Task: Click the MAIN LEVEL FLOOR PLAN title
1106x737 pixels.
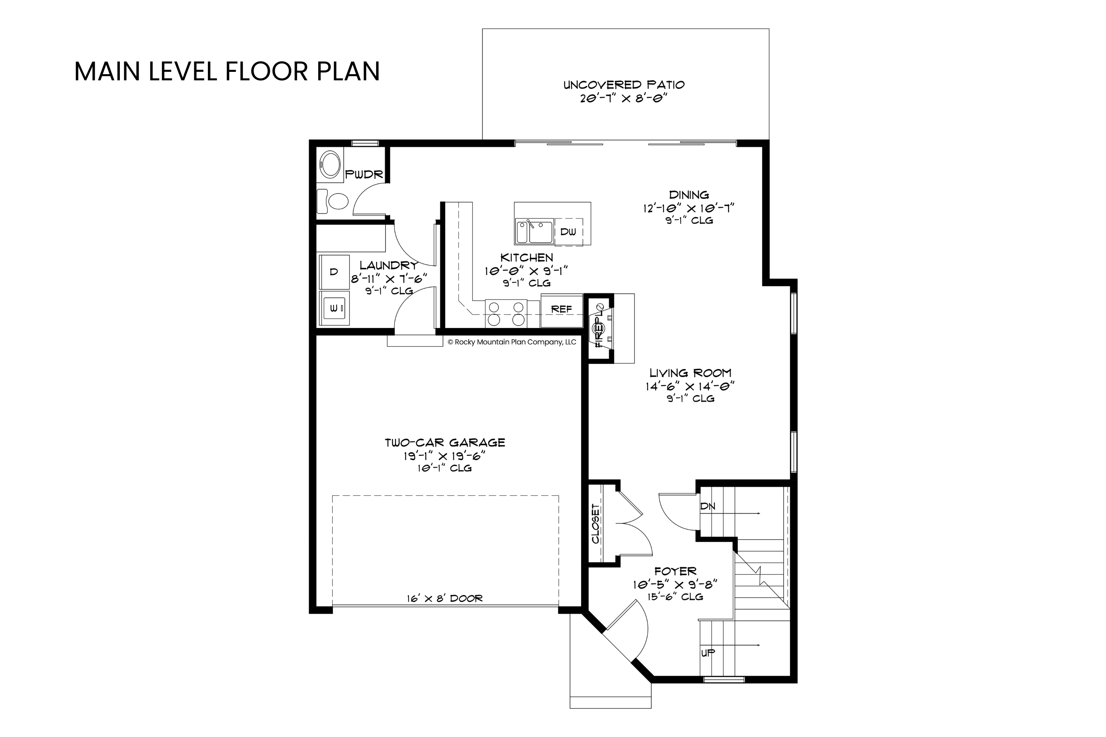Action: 227,71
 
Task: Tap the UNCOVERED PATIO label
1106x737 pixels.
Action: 624,85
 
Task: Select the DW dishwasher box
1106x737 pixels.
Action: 568,232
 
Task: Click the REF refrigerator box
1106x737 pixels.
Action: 562,310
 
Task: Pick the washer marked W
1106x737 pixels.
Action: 334,308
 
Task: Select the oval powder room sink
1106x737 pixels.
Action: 330,164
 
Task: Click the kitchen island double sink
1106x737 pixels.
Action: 534,231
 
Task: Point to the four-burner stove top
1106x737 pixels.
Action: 506,314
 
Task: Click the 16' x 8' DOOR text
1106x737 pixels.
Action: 445,598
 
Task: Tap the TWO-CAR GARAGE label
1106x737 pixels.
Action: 445,443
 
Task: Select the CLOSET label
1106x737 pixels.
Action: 595,524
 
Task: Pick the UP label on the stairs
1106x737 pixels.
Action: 708,652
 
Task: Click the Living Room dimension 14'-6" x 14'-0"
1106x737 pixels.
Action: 690,386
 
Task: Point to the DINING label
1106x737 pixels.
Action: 689,195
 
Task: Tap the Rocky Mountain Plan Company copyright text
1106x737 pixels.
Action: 512,342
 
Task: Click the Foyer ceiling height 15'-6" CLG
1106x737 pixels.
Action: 675,597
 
